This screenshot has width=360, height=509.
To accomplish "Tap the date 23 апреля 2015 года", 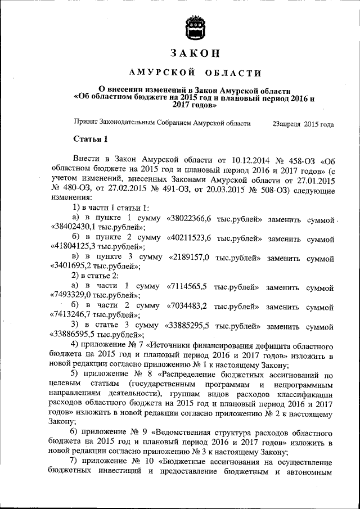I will coord(303,124).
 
